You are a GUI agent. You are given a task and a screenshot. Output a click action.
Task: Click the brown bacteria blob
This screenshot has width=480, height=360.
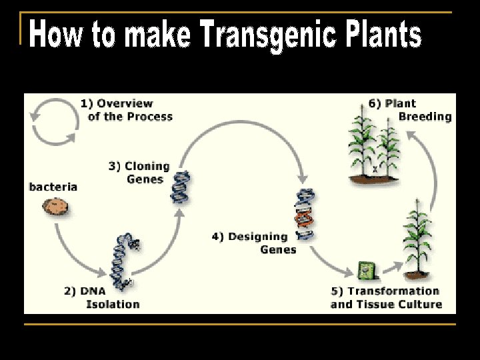pos(55,207)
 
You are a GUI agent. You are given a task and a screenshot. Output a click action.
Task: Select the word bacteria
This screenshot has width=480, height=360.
pos(53,187)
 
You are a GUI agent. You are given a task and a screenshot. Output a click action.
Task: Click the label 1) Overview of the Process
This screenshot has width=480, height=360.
pos(127,110)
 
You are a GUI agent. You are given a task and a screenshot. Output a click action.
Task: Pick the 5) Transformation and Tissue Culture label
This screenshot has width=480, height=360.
pos(386,297)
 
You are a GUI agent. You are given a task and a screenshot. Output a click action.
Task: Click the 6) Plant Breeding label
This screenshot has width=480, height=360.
pos(410,110)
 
